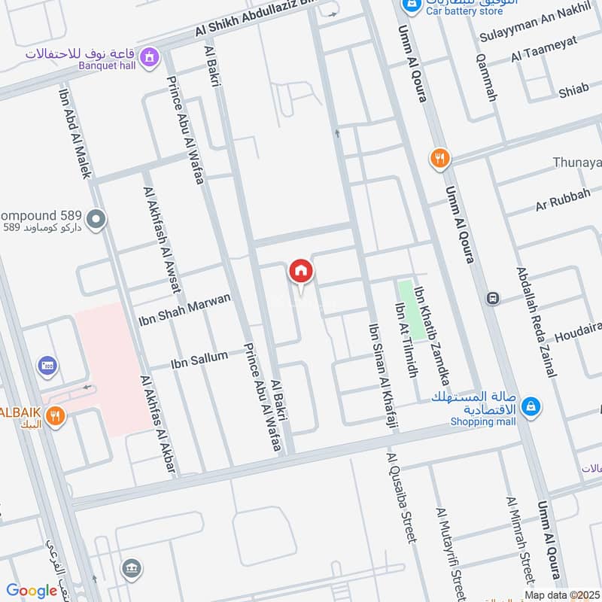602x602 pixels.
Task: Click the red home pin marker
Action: [x=300, y=271]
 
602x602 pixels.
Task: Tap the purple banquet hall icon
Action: [x=150, y=56]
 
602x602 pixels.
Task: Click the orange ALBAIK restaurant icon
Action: [x=54, y=415]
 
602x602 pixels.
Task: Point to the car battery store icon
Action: [x=411, y=5]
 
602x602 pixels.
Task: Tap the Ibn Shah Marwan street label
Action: [x=184, y=310]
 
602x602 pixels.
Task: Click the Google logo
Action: [x=32, y=591]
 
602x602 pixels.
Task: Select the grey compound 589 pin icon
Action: [x=96, y=220]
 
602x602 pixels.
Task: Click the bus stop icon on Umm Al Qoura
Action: [x=493, y=297]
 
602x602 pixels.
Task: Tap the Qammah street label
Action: [x=488, y=81]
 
